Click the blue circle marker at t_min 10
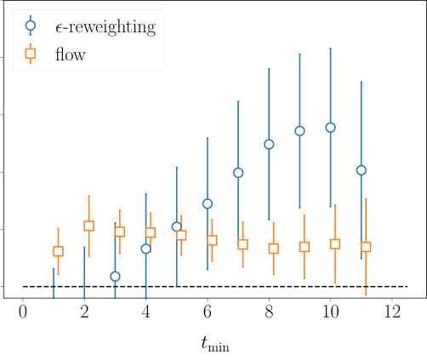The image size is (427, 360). point(330,128)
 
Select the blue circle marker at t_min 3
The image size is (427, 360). point(115,277)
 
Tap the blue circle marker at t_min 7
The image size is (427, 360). point(238,173)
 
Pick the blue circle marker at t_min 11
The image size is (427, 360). point(361,170)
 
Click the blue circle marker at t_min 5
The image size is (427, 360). point(177,227)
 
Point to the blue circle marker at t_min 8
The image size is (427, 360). point(269,144)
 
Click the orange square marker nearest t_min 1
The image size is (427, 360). point(58,251)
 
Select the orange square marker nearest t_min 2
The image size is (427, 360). point(88,226)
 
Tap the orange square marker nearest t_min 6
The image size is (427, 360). point(212,240)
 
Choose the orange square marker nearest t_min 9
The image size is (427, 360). point(305,247)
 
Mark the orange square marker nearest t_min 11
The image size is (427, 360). point(366,247)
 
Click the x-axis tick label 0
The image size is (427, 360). point(23,311)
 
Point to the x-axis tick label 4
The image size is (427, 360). point(145,311)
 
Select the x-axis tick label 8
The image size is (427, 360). point(269,311)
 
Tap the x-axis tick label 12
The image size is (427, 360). point(392,311)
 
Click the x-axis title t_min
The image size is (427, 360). point(215,343)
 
